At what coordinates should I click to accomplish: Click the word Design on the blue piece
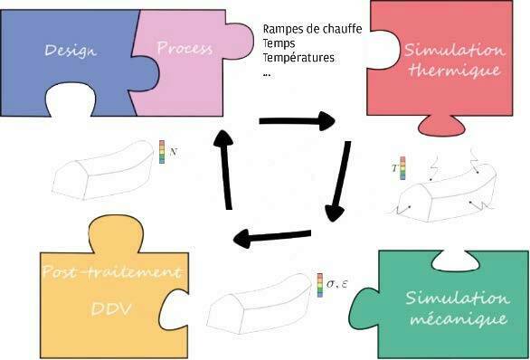coord(71,51)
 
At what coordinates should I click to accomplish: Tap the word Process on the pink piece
coord(185,48)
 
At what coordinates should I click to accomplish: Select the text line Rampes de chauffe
coord(312,29)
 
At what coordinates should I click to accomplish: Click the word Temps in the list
coord(279,44)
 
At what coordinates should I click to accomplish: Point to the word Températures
coord(298,58)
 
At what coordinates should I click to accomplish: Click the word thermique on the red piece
coord(454,71)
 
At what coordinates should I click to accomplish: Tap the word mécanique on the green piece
coord(459,318)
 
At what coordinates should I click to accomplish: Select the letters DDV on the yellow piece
coord(111,308)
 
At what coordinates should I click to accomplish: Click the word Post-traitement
coord(111,271)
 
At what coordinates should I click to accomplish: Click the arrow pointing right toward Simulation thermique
coord(298,121)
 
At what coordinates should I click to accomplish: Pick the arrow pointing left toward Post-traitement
coord(272,237)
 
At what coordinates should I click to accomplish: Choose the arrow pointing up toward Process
coord(225,170)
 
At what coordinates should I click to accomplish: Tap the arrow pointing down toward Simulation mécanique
coord(339,181)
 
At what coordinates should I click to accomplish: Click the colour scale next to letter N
coord(162,152)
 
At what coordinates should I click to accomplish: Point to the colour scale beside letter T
coord(402,168)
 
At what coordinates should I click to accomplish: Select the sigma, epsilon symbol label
coord(336,284)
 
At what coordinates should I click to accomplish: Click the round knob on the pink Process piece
coord(240,41)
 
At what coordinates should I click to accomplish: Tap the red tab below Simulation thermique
coord(441,126)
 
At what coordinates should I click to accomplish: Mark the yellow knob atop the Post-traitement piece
coord(116,233)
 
